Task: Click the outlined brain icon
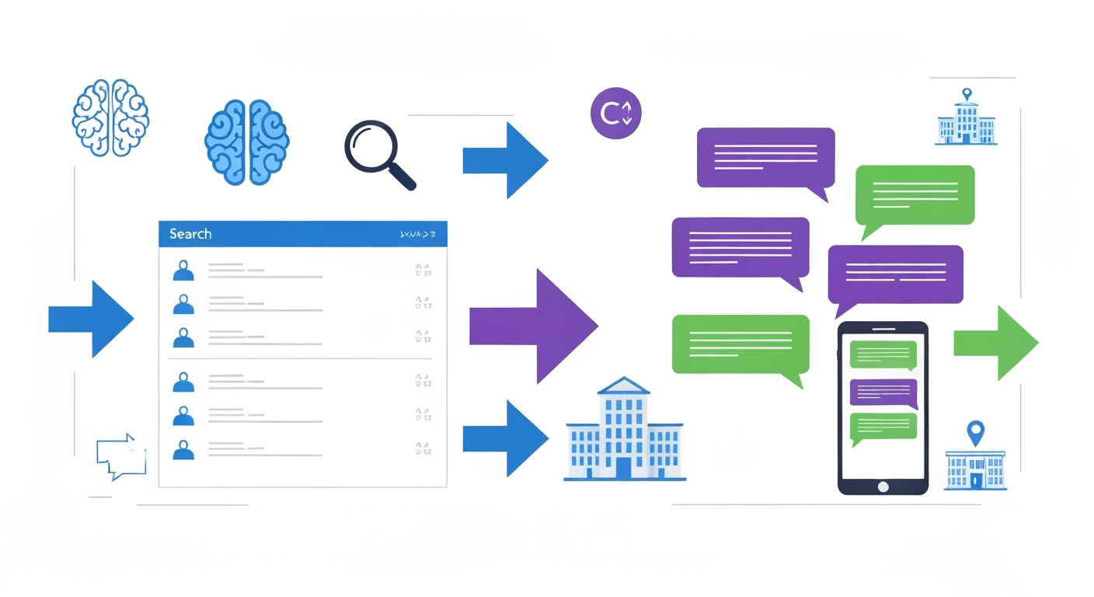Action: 110,118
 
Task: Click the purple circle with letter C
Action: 616,114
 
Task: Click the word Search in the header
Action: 190,234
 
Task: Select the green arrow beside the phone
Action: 995,343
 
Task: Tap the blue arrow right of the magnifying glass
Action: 505,160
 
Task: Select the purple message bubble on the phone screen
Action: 883,393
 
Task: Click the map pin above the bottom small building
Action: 975,431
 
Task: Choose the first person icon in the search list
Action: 183,271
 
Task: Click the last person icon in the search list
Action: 183,450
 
